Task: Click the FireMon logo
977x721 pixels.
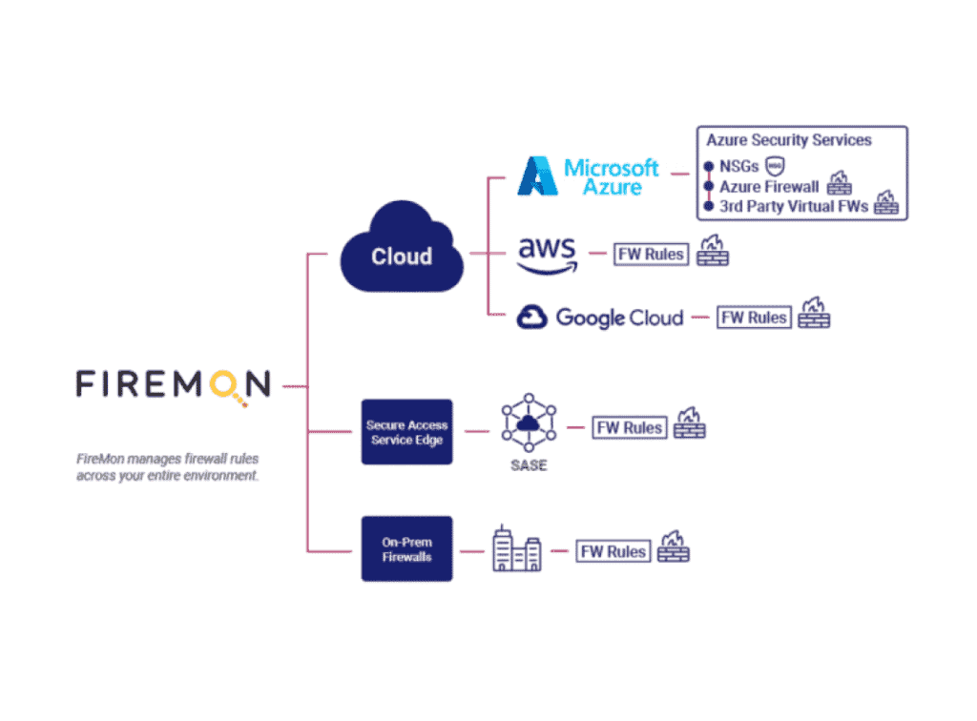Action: click(173, 384)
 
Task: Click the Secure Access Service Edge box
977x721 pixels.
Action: click(406, 432)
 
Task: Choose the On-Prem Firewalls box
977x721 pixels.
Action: click(406, 548)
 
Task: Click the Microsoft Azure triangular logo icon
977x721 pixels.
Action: click(537, 176)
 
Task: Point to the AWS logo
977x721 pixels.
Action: click(547, 253)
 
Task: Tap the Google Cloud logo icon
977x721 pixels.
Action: click(531, 318)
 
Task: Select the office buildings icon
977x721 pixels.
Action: click(516, 549)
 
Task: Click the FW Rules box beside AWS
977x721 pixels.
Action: click(651, 254)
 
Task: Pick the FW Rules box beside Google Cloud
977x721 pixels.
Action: click(754, 318)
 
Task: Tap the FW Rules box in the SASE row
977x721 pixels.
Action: click(629, 427)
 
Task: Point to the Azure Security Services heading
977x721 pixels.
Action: click(789, 140)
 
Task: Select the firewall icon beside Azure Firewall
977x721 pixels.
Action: click(839, 183)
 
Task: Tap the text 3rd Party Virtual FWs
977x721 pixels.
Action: click(794, 206)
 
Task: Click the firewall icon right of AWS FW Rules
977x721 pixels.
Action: click(712, 251)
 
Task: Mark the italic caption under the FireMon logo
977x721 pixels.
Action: click(168, 467)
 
